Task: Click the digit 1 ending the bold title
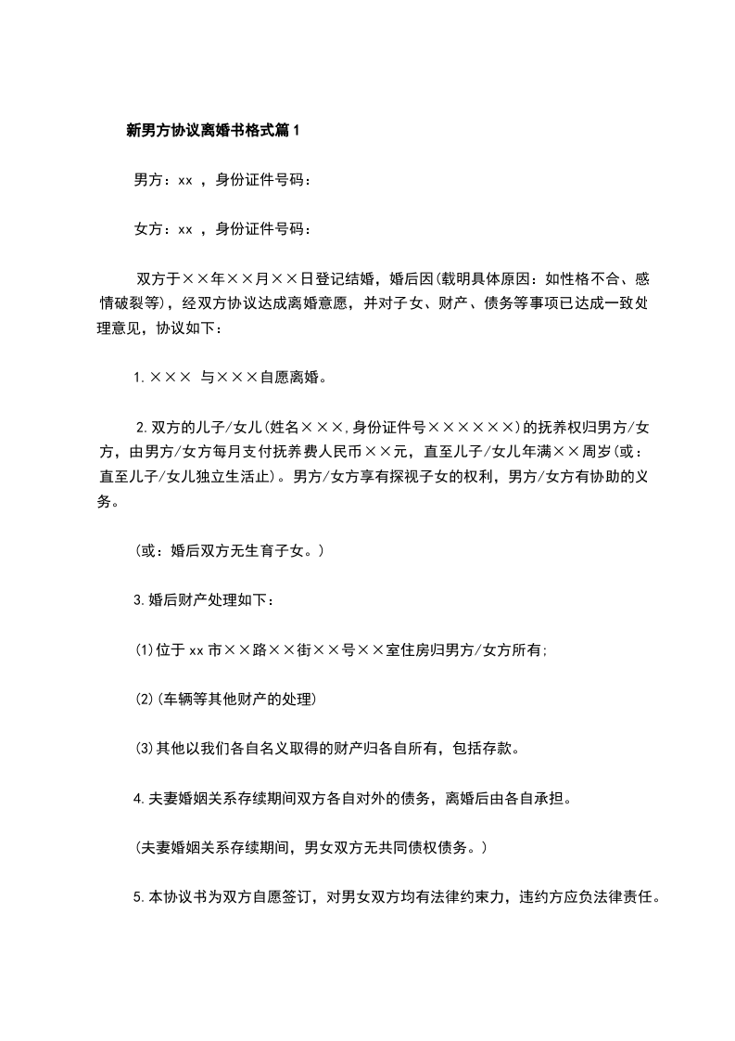[296, 132]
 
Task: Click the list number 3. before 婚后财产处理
[140, 600]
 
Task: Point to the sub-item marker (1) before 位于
[145, 649]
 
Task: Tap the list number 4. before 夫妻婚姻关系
[140, 795]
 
